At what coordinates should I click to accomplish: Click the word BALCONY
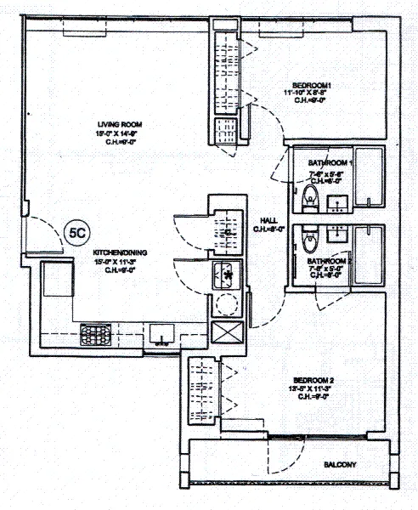(x=340, y=464)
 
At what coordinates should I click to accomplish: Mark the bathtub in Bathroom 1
(x=368, y=178)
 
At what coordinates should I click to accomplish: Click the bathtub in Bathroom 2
(x=368, y=255)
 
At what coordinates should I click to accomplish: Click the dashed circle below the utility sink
(x=227, y=304)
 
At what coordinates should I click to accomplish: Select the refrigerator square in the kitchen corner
(x=58, y=280)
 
